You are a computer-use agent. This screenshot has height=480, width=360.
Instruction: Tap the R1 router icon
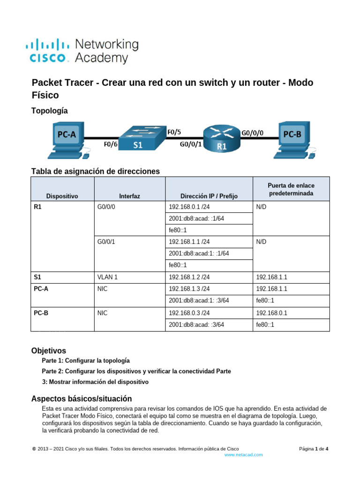221,139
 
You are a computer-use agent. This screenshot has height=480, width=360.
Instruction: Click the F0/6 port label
111,145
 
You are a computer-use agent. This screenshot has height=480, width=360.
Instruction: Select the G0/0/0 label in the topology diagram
253,133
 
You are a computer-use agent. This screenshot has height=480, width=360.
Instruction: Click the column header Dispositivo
62,196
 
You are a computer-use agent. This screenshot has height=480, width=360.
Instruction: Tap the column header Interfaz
129,196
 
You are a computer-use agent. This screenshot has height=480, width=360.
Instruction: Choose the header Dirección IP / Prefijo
209,196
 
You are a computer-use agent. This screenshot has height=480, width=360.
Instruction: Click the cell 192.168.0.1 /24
189,206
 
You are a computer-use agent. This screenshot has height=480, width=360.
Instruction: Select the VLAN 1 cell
107,277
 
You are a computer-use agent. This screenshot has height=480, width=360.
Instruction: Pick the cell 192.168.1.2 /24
189,277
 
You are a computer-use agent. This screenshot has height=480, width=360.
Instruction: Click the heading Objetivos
48,351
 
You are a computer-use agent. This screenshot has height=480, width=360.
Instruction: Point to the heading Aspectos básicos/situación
81,398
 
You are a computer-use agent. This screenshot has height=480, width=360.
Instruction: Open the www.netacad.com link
243,455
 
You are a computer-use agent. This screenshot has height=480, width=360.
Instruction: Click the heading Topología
49,111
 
